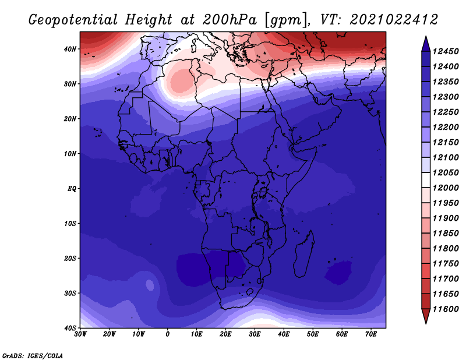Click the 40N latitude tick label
70,49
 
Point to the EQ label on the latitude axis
72,189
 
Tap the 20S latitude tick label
70,258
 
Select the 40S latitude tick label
70,328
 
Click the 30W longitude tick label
80,334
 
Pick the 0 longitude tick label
168,334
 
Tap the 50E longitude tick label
313,334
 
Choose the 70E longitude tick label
371,334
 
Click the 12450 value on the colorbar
446,51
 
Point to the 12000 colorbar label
446,188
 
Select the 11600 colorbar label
446,309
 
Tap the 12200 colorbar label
446,127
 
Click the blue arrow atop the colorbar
426,45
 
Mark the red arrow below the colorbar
426,316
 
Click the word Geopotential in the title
73,20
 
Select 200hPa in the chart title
230,20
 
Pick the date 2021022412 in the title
394,20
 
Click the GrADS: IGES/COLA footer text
33,355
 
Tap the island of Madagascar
303,255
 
